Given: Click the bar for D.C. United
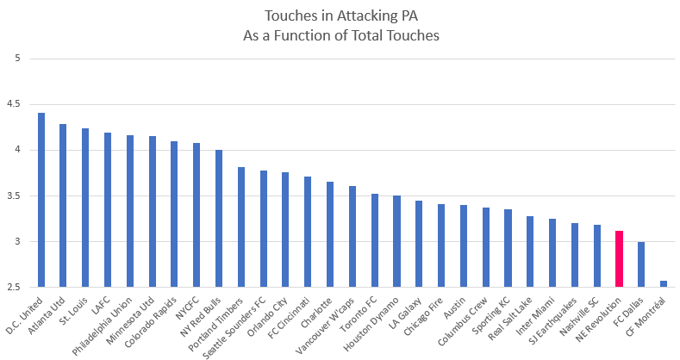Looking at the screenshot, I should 41,200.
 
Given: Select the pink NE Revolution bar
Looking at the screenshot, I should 619,258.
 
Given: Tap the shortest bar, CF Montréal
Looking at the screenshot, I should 663,283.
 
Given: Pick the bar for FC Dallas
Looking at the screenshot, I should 640,264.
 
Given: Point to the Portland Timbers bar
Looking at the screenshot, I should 241,227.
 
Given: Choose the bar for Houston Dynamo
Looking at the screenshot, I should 396,240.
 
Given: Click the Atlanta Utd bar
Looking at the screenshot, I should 63,205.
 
